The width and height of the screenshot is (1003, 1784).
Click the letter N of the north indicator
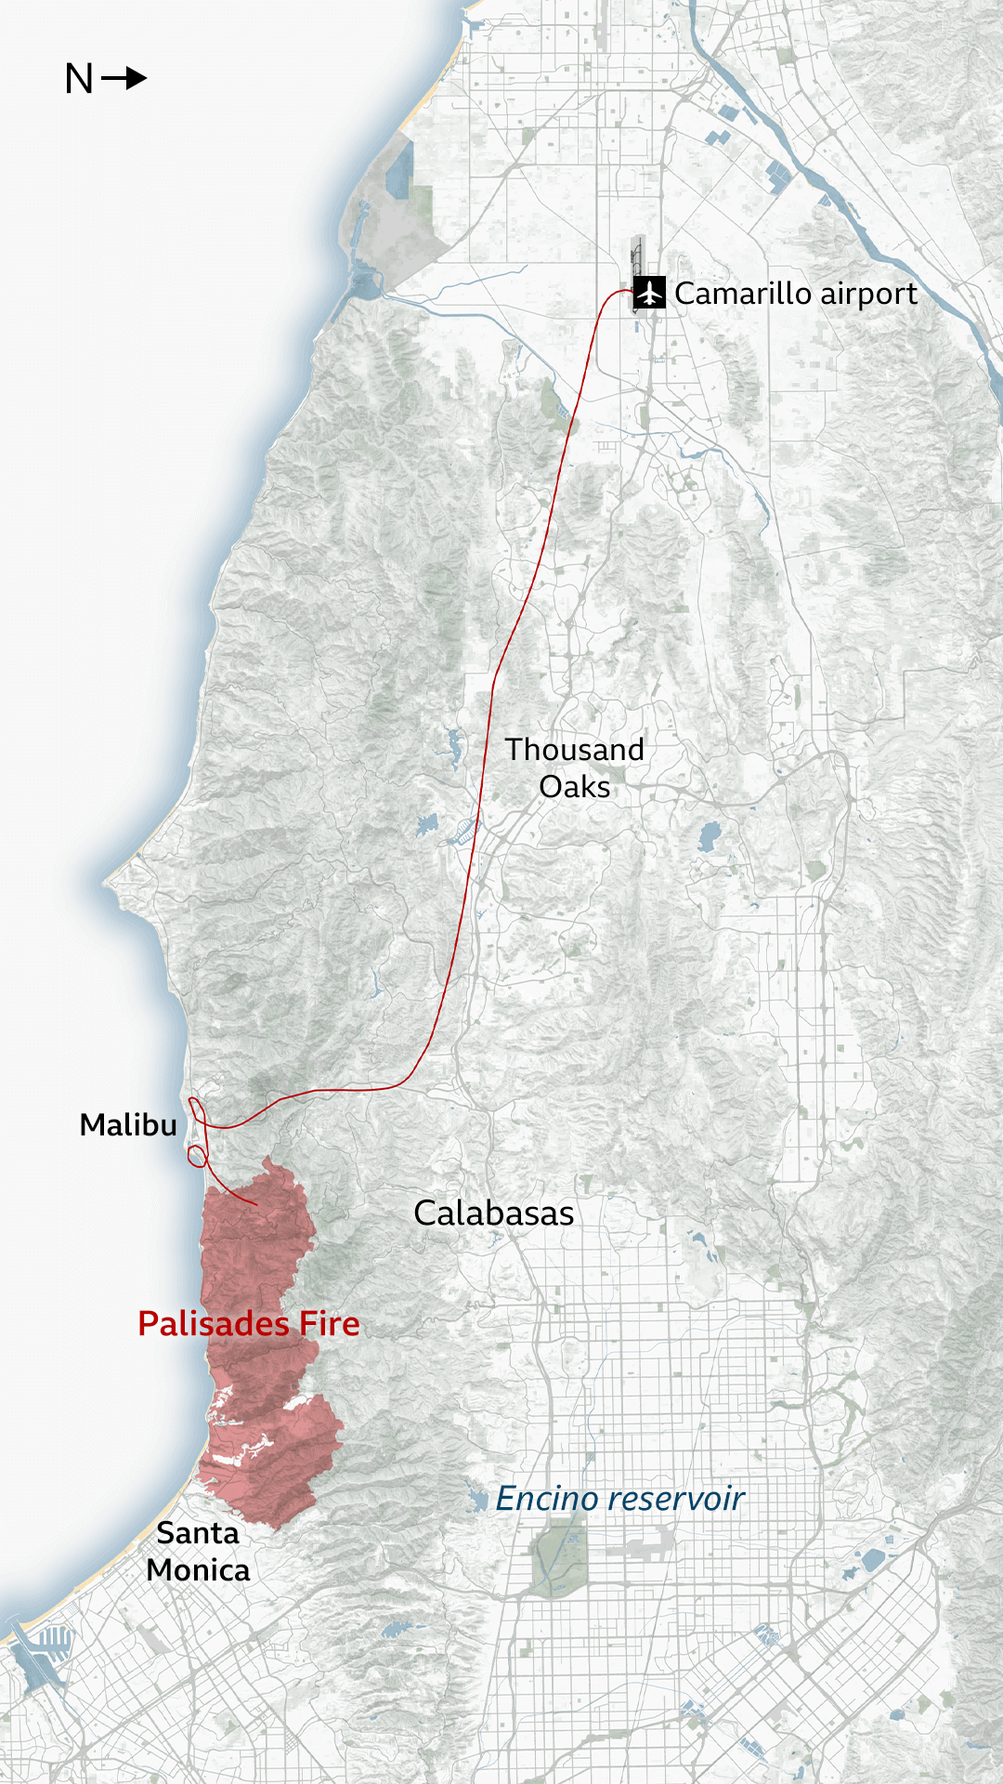[79, 80]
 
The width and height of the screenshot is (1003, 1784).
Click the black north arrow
[124, 78]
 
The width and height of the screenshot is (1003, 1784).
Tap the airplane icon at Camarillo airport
[649, 293]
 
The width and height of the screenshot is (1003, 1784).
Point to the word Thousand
[574, 750]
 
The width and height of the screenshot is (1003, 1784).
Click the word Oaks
[574, 787]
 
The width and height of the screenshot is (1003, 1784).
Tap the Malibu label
[128, 1125]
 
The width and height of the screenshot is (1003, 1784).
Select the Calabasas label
[493, 1213]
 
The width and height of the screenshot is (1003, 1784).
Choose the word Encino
[546, 1499]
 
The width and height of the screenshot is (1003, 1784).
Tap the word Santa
[197, 1533]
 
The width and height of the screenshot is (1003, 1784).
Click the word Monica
[198, 1570]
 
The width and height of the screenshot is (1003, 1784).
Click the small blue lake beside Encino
[478, 1499]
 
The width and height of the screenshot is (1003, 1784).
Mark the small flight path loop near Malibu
[197, 1156]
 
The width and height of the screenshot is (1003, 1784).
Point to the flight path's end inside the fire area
[255, 1205]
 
